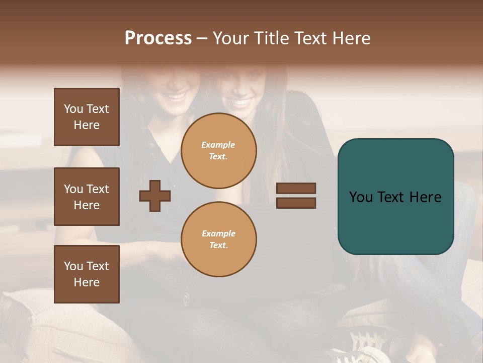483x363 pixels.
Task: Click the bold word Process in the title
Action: (x=158, y=38)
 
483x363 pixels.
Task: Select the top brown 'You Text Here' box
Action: (x=87, y=117)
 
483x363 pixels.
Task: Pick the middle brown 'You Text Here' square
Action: (x=87, y=197)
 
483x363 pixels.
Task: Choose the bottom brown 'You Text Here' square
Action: (x=87, y=274)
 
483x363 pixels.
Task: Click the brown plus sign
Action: (x=155, y=196)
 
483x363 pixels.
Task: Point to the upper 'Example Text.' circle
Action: (x=219, y=150)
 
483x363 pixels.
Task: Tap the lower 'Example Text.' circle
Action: (x=219, y=239)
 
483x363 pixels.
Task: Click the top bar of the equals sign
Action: (x=296, y=189)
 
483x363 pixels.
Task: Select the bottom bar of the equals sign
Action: (x=296, y=203)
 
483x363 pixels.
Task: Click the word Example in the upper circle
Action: (x=218, y=145)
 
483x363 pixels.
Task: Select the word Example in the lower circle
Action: (x=218, y=233)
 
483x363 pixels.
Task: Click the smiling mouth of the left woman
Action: (x=178, y=95)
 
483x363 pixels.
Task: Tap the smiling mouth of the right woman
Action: (x=241, y=102)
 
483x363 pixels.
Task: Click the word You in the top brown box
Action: (x=73, y=109)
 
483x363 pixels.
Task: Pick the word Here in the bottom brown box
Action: (x=87, y=282)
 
